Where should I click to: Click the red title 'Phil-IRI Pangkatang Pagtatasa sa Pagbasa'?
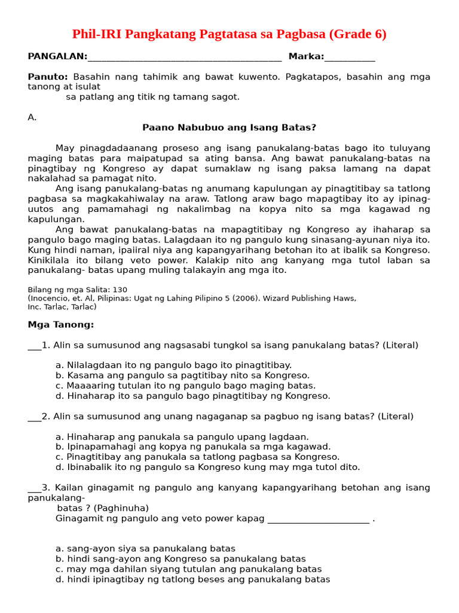229,34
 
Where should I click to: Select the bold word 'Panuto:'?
48,77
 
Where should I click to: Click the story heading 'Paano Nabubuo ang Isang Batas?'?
229,128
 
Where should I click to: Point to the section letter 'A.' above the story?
32,117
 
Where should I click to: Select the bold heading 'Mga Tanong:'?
61,324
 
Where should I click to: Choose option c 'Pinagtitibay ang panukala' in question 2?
197,457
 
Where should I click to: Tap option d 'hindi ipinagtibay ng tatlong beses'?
192,579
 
